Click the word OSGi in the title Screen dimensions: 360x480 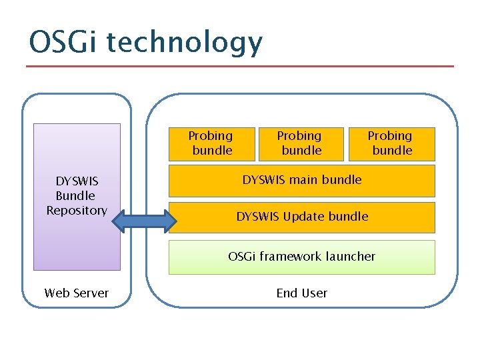[x=64, y=43]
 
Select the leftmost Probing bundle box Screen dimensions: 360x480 [x=212, y=144]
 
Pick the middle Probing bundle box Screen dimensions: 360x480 [x=301, y=144]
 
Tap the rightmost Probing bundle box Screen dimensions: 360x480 [x=392, y=144]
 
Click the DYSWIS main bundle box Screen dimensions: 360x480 [x=302, y=180]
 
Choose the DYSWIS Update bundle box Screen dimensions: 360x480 [x=302, y=217]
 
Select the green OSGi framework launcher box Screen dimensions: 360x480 [x=302, y=257]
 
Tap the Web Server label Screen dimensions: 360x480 [x=77, y=293]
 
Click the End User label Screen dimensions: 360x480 [x=302, y=293]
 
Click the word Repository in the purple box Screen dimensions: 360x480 [x=77, y=211]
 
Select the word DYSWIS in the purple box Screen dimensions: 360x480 [x=77, y=181]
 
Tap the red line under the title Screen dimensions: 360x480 [x=240, y=66]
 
